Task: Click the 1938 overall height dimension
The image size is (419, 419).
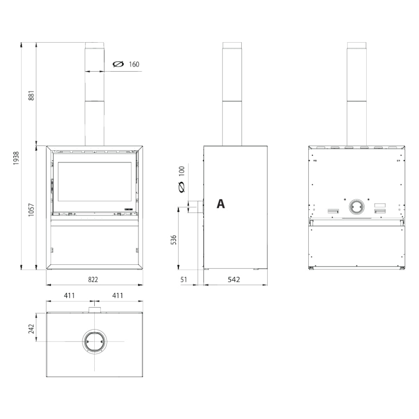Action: click(16, 158)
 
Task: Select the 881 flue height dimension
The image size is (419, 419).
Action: click(31, 96)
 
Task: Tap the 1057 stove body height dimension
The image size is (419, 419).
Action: click(31, 210)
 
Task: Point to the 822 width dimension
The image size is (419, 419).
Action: click(93, 279)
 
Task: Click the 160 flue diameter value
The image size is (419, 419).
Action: click(134, 65)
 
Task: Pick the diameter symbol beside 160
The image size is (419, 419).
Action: click(119, 64)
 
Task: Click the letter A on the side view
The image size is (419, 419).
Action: click(221, 204)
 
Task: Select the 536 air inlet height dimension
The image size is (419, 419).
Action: click(174, 240)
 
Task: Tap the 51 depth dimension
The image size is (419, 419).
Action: click(184, 279)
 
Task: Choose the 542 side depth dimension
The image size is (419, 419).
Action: click(234, 279)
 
